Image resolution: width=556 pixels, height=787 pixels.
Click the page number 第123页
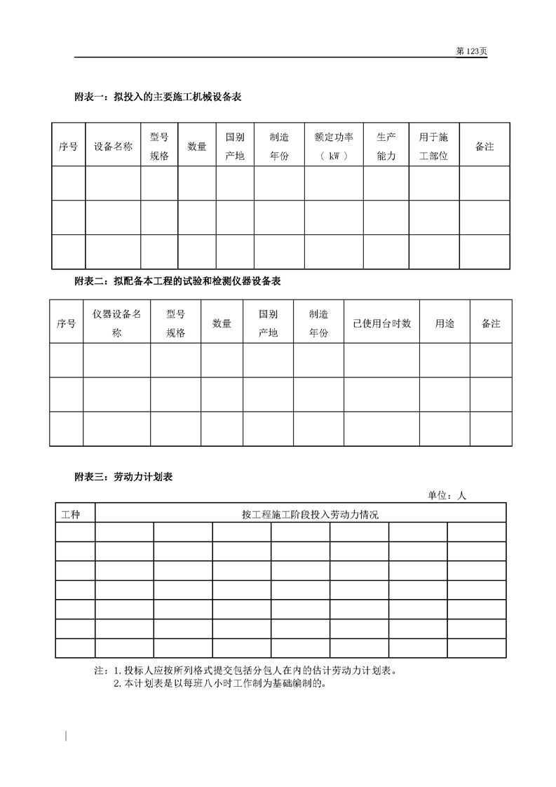(x=471, y=51)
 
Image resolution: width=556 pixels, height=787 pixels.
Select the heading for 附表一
(x=158, y=97)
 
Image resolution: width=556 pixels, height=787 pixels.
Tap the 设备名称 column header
(x=113, y=147)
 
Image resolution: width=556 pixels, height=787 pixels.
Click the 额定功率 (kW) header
(x=334, y=146)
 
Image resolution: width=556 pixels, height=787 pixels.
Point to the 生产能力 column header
(x=386, y=146)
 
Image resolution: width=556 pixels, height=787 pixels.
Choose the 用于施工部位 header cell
(x=433, y=146)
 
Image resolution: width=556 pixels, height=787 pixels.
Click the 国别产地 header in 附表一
(x=234, y=146)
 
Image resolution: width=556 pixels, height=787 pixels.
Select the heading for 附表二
(x=177, y=281)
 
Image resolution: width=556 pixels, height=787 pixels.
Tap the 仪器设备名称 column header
(x=116, y=323)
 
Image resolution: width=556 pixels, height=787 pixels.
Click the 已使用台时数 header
(x=381, y=323)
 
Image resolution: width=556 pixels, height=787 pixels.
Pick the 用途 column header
(x=445, y=323)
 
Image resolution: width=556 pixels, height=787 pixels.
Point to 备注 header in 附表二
(x=491, y=323)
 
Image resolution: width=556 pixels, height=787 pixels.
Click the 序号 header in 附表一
(x=68, y=147)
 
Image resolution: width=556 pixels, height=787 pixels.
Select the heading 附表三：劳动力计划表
(x=123, y=477)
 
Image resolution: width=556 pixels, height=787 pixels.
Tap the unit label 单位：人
(x=447, y=495)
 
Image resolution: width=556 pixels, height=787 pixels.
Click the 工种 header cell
(x=71, y=514)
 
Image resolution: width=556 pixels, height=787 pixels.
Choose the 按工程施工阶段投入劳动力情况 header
(x=300, y=514)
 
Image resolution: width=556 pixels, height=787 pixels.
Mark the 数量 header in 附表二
(x=222, y=323)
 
